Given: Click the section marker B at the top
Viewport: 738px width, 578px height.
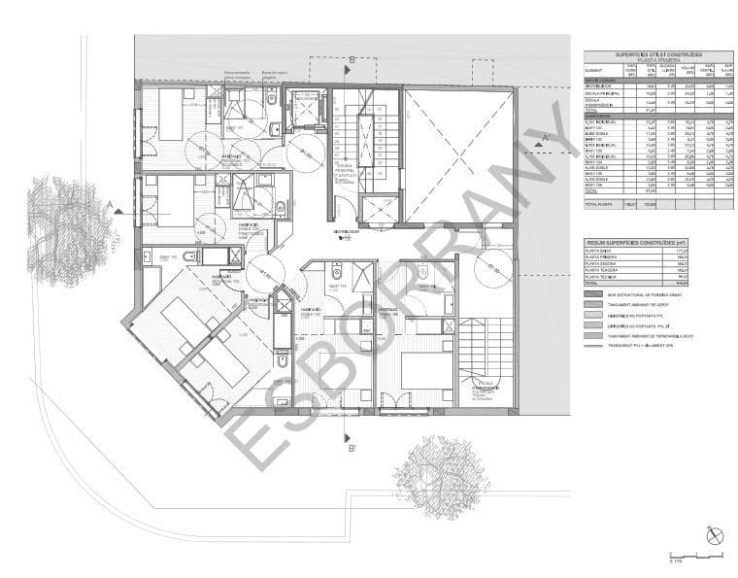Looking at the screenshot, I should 352,60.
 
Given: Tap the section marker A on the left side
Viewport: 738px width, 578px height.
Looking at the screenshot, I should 111,205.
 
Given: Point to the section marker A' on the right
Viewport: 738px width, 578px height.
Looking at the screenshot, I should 545,138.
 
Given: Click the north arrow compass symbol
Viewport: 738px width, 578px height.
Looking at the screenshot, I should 716,535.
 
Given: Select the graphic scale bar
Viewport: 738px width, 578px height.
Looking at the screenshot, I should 695,556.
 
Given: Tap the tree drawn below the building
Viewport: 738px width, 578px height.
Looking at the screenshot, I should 441,476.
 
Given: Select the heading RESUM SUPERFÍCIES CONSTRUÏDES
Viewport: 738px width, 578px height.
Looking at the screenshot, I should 637,242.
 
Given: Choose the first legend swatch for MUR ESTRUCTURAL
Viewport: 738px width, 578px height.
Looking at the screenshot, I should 593,292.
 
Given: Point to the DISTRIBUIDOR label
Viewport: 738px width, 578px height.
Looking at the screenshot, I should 347,231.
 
